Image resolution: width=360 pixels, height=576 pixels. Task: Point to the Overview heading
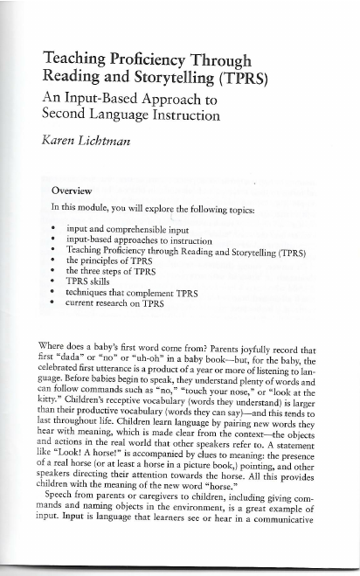tap(73, 190)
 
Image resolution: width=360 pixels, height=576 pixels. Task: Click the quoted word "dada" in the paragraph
tap(83, 357)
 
